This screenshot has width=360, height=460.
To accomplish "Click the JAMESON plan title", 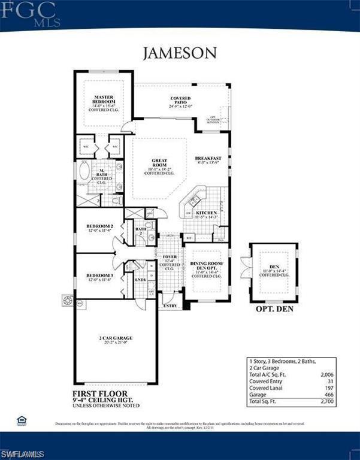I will (x=180, y=53).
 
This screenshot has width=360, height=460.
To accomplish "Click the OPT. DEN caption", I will (x=274, y=310).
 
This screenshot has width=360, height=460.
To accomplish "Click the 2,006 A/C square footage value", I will (x=326, y=374).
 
